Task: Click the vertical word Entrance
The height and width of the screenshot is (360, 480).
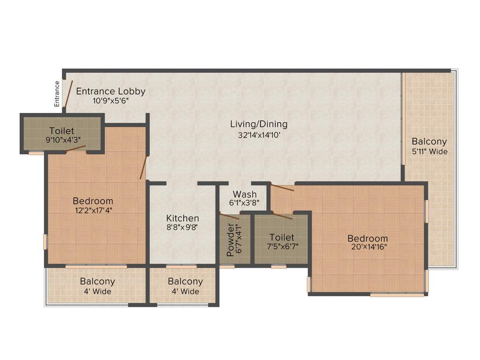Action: (x=57, y=94)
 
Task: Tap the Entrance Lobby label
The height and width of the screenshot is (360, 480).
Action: (x=111, y=91)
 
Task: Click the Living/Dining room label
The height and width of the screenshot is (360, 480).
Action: (x=259, y=125)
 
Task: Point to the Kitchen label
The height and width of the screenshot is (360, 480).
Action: (x=183, y=218)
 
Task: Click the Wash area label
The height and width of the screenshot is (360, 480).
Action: (x=245, y=194)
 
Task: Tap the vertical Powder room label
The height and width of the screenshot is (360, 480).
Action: (x=230, y=240)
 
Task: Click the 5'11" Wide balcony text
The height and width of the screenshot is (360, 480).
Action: (x=429, y=151)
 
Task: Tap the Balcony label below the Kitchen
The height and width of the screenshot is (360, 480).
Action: (x=185, y=282)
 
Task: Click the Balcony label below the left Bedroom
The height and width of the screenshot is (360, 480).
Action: (x=97, y=282)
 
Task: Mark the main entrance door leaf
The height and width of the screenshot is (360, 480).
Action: (x=68, y=94)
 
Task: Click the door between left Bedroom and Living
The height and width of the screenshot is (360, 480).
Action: (x=143, y=168)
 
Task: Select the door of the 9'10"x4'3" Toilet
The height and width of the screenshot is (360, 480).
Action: (x=75, y=149)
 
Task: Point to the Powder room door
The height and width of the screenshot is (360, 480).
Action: (x=229, y=216)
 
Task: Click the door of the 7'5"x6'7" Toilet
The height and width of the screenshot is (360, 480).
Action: (x=284, y=216)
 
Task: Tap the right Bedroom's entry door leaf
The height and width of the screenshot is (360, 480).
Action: (x=282, y=188)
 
